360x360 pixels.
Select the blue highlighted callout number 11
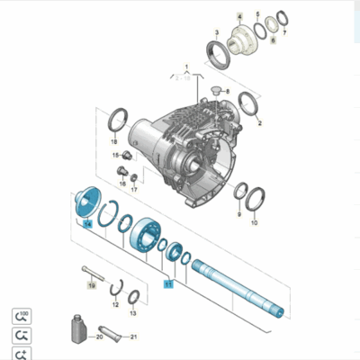tap(167, 282)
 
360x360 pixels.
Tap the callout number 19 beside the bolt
tap(91, 285)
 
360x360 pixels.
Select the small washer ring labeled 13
tap(133, 298)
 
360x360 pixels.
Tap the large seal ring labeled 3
tap(219, 53)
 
